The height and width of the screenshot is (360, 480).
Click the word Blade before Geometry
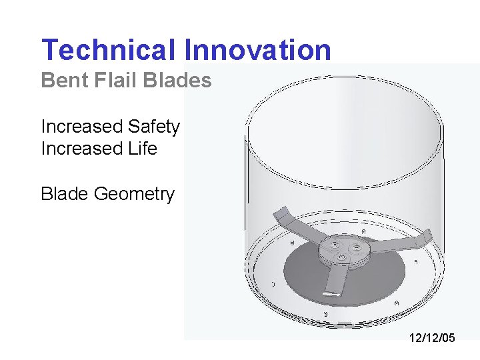[x=65, y=194]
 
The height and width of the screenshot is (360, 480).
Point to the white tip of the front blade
[x=331, y=292]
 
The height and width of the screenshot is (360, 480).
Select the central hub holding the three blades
[x=347, y=252]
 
